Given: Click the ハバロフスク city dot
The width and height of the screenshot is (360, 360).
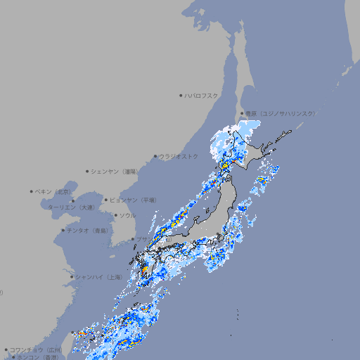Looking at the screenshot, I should (181, 96).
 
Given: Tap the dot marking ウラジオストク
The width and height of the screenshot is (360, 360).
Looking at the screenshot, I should (155, 156).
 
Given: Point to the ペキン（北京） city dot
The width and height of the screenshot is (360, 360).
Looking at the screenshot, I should (31, 191).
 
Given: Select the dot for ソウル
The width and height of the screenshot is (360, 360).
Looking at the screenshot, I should (115, 215).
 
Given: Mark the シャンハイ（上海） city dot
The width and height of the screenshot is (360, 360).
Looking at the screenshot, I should (71, 277).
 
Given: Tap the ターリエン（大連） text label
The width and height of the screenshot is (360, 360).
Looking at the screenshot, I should (71, 207).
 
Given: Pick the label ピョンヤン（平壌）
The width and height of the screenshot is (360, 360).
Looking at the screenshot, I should (134, 200).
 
